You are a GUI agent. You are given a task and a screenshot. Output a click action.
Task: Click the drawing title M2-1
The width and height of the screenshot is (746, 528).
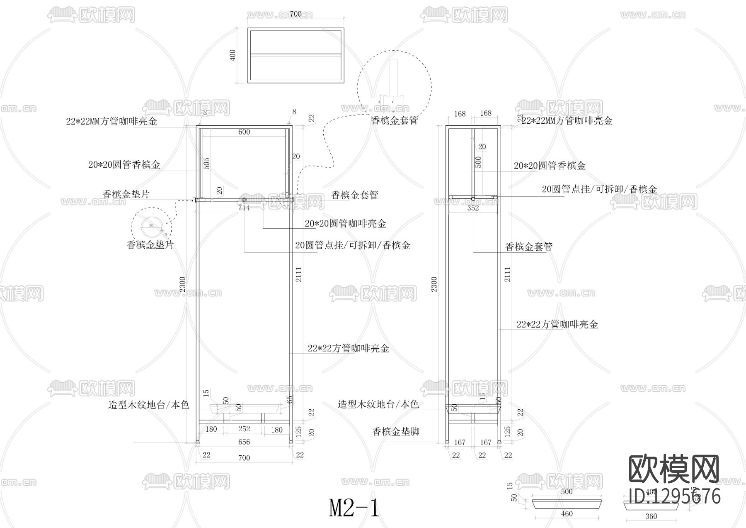pos(354,508)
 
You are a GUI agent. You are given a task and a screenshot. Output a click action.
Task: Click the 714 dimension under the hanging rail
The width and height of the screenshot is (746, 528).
pos(244,208)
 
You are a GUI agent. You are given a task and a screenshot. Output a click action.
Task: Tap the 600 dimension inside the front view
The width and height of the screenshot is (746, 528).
pos(244,132)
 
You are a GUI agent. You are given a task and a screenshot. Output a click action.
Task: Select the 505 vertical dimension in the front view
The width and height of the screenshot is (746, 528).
pos(207,163)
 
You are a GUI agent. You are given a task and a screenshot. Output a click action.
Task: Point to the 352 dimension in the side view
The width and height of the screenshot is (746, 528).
pos(473,208)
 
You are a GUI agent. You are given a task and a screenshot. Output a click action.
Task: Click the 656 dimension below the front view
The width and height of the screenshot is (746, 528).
pos(244,442)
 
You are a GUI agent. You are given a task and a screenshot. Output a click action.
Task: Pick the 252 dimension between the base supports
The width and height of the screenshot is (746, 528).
pos(244,429)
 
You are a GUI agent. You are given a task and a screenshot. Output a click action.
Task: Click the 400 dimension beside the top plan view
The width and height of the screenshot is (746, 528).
pos(233,56)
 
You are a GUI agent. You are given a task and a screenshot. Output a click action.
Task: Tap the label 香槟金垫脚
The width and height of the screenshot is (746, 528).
pos(396,432)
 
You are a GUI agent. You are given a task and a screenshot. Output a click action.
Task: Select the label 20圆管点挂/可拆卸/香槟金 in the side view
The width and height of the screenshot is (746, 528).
pos(599,189)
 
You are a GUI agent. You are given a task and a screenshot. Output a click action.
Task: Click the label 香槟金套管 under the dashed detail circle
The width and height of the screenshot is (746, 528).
pos(394,121)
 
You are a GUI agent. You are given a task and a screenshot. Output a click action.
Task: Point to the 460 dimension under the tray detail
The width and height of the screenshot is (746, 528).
pos(567,514)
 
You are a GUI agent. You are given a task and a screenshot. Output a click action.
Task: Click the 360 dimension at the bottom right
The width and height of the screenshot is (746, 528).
pos(651,517)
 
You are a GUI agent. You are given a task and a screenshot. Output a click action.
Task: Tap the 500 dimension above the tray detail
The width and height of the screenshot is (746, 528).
pos(567,492)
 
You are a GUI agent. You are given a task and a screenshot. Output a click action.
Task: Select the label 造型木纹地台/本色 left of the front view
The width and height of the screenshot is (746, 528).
pos(148,405)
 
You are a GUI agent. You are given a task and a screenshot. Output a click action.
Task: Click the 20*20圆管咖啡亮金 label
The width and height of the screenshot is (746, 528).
pos(345,224)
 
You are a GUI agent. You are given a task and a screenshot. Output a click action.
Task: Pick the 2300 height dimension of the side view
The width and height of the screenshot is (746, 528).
pos(434,284)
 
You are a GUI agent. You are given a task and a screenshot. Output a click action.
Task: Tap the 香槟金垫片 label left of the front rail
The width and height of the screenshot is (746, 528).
pos(126,194)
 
